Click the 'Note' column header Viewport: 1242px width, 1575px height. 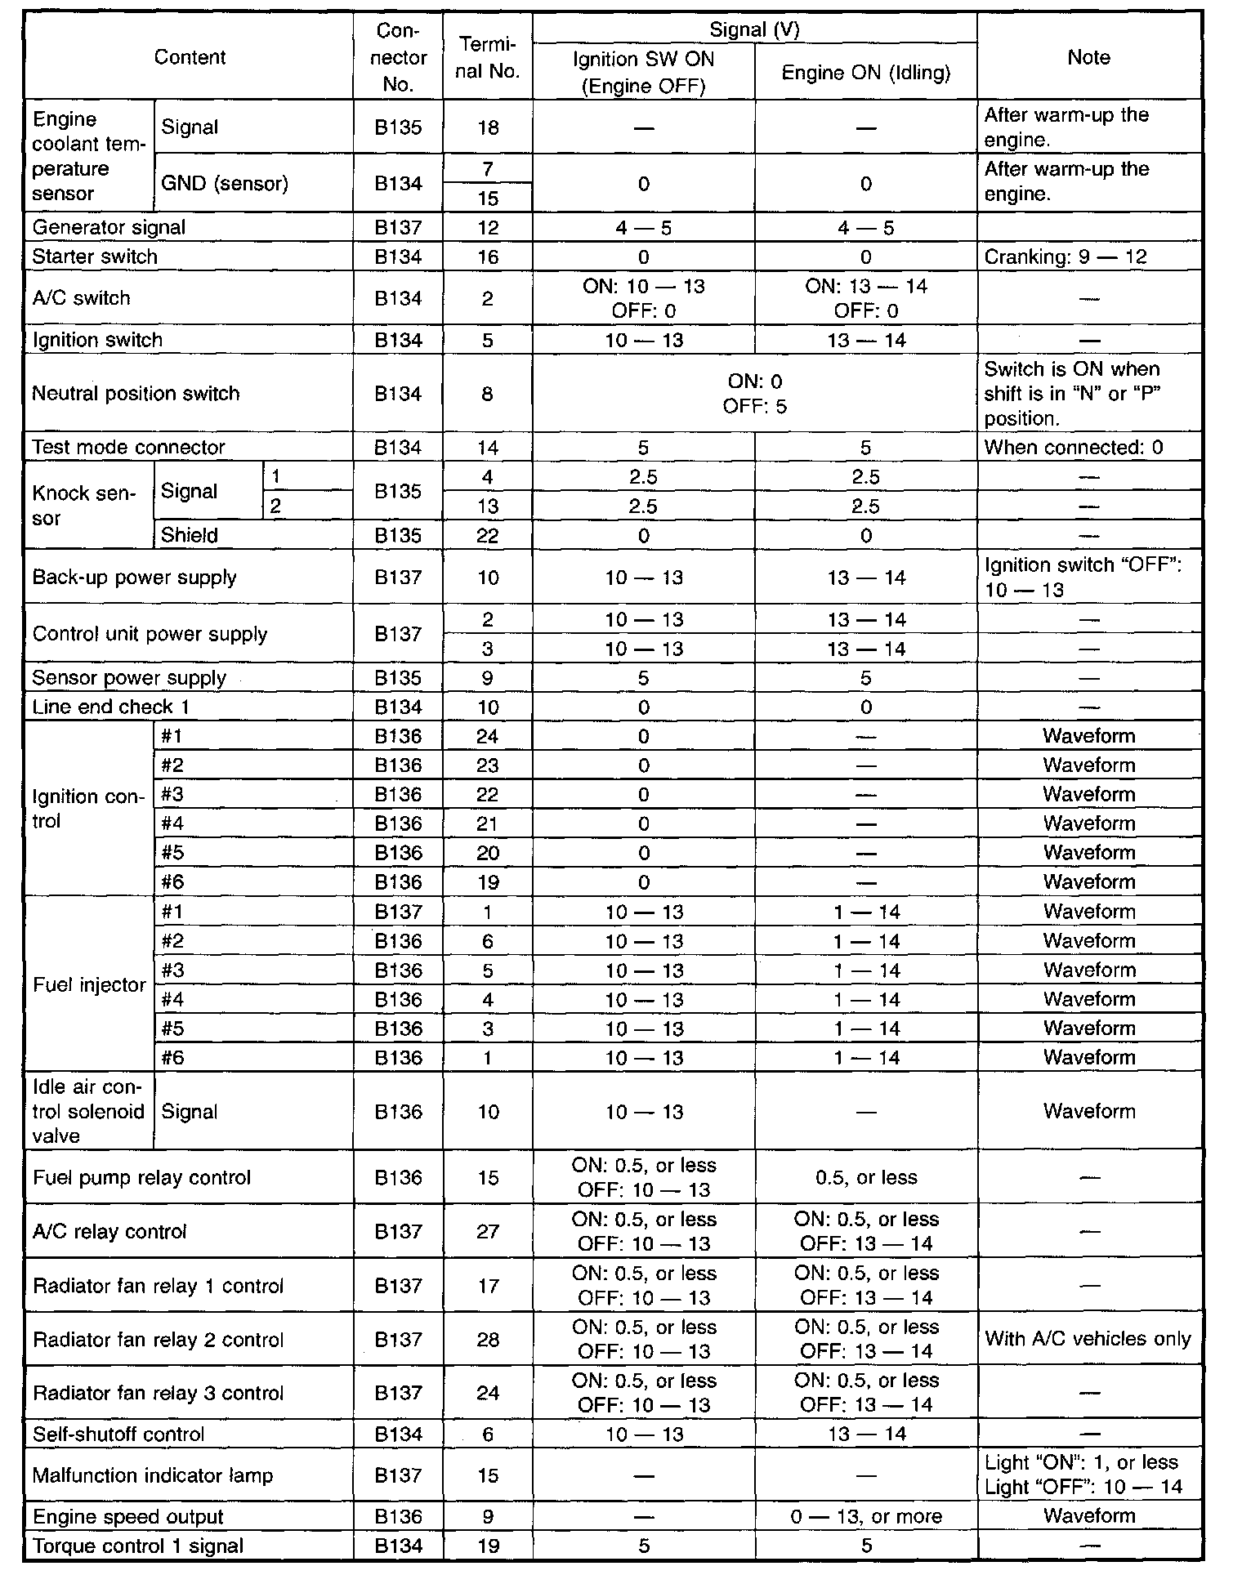coord(1088,57)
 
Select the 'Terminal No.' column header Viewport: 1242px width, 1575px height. coord(487,57)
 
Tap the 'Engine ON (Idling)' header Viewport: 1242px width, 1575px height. coord(865,73)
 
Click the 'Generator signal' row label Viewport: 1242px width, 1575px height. coord(109,227)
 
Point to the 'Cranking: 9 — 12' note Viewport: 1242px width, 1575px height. coord(1065,257)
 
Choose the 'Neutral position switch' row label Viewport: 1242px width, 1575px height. coord(136,393)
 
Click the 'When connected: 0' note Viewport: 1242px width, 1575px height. coord(1073,447)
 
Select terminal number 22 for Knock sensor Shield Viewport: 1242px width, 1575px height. coord(487,536)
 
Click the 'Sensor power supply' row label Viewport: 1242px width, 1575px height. coord(129,678)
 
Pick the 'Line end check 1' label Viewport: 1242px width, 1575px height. coord(110,707)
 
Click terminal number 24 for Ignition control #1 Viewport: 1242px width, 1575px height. coord(487,736)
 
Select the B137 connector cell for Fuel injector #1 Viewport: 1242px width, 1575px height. coord(398,912)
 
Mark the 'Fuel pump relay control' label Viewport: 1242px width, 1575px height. coord(141,1177)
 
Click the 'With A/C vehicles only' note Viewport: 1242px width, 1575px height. coord(1088,1339)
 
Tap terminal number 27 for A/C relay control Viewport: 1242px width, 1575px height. coord(487,1231)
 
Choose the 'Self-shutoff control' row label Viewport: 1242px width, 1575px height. coord(118,1434)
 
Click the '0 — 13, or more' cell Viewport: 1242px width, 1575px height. coord(865,1517)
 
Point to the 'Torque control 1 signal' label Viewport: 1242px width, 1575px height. coord(138,1546)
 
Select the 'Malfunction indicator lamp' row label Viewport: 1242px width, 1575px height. coord(152,1475)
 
